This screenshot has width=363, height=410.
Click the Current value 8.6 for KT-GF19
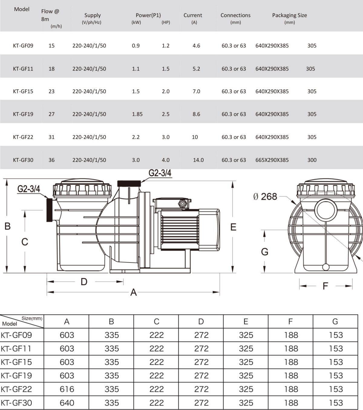[196, 114]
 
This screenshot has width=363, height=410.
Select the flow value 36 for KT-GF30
[51, 160]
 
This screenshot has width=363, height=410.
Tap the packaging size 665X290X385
[272, 160]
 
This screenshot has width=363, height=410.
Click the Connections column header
[235, 15]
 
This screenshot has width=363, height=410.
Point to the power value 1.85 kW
[137, 114]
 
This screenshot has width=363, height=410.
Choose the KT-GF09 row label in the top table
[23, 46]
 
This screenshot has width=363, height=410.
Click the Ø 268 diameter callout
[265, 197]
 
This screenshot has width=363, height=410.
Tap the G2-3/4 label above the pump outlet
[160, 173]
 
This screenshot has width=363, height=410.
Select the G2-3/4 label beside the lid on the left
[28, 189]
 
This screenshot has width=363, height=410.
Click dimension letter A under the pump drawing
[133, 292]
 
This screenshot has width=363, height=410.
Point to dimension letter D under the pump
[84, 281]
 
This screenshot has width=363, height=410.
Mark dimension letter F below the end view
[325, 286]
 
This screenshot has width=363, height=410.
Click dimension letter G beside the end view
[265, 252]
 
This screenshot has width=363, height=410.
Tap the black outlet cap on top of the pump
[129, 184]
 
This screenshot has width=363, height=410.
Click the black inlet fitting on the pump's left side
[49, 210]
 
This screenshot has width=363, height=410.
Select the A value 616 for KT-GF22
[67, 389]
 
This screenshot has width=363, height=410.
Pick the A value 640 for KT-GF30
[67, 403]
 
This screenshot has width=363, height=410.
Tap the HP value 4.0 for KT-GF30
[165, 160]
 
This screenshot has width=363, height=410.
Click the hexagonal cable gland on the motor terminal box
[182, 203]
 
